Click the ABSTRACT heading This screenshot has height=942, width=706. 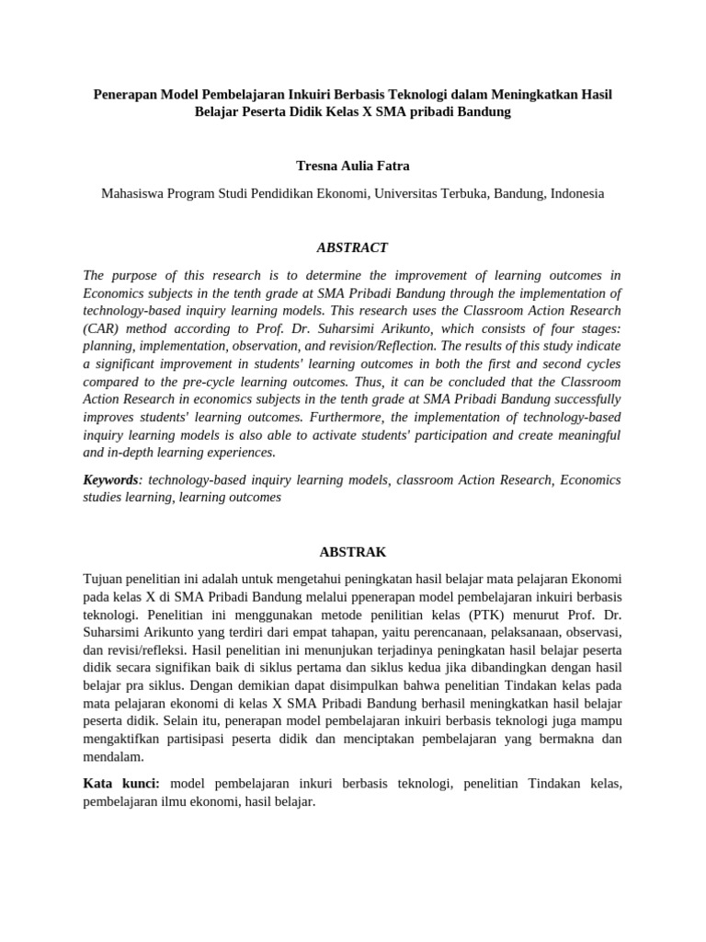[352, 247]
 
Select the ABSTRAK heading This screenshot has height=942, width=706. [352, 552]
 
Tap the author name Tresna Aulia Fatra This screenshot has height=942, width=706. [352, 166]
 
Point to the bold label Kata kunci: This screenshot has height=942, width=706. [121, 784]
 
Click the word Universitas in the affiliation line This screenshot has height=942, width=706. [409, 194]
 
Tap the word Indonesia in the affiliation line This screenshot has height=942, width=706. [577, 194]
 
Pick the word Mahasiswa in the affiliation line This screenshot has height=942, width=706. [132, 194]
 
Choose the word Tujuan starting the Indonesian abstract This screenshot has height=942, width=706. [106, 580]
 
